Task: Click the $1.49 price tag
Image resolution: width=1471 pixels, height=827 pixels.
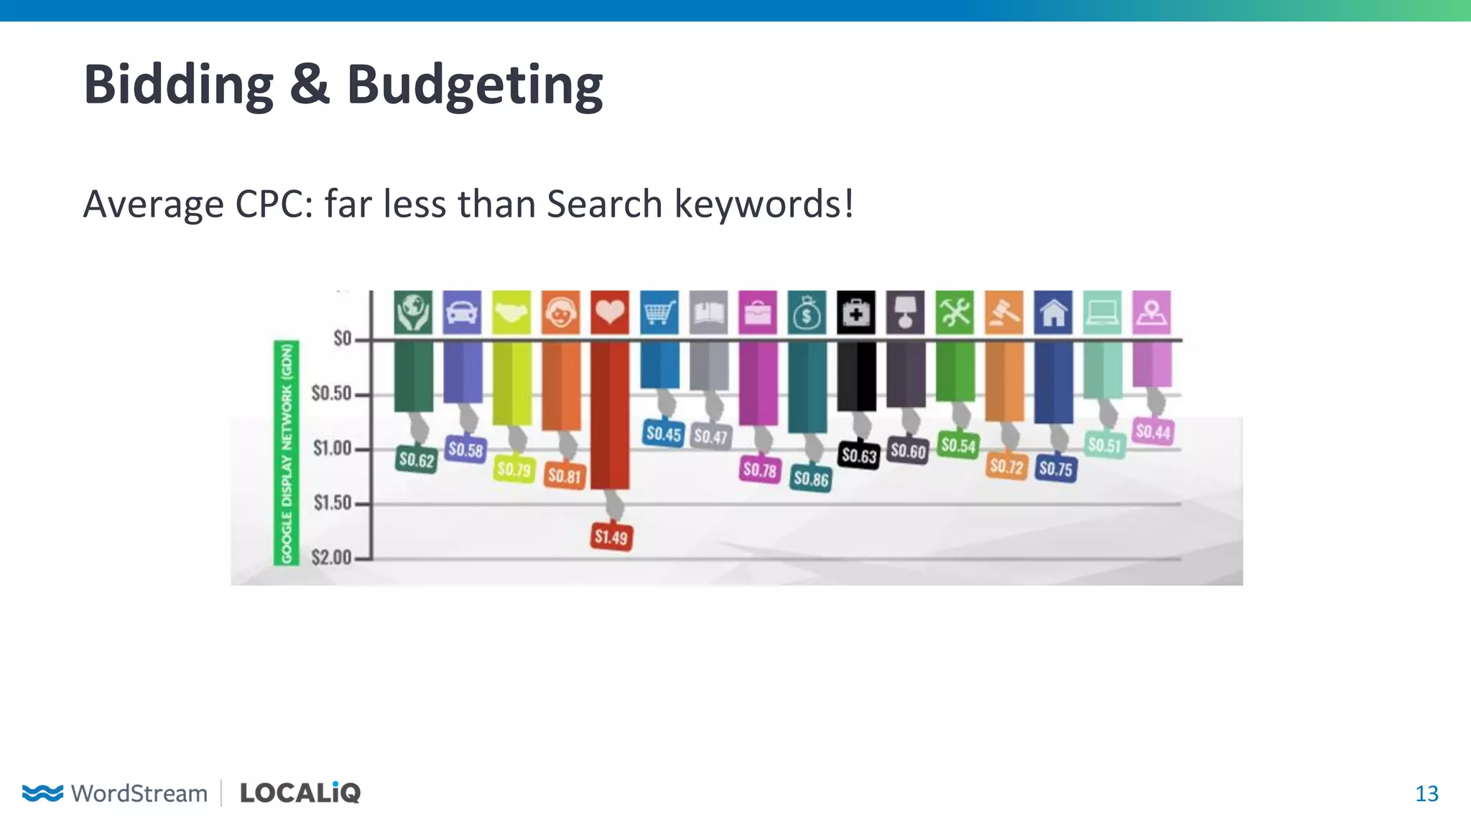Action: [x=611, y=536]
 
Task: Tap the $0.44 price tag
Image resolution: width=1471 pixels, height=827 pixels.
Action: [x=1153, y=431]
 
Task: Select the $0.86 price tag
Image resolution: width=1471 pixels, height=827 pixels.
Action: [x=811, y=478]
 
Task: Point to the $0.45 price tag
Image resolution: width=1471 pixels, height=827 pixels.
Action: [x=663, y=433]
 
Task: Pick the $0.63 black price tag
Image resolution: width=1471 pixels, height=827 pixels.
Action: [x=859, y=455]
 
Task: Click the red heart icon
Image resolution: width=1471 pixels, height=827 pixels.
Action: [x=610, y=312]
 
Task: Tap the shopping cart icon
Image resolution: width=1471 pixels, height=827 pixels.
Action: [x=659, y=312]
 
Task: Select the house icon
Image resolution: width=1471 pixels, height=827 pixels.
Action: [x=1053, y=312]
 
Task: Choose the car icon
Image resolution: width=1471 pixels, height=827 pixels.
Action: [x=462, y=312]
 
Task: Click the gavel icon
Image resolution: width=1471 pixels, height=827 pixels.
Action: [x=1003, y=312]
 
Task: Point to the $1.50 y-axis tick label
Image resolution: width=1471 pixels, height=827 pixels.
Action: [x=333, y=503]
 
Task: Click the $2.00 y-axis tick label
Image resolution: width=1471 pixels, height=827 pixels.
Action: [x=332, y=557]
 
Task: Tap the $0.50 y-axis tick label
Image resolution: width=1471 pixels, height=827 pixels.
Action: [x=332, y=393]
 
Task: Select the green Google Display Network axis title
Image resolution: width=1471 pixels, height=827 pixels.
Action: [x=287, y=453]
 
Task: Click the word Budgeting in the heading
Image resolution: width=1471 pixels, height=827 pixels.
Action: [x=475, y=85]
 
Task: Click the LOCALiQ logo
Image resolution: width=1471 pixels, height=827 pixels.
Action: [x=300, y=793]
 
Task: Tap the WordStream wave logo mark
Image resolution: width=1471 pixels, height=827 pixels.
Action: [x=42, y=793]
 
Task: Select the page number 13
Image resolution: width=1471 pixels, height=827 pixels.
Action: [x=1426, y=793]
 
